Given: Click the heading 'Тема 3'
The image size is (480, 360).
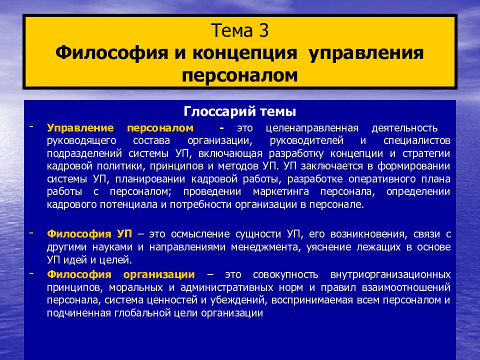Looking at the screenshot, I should pyautogui.click(x=240, y=32).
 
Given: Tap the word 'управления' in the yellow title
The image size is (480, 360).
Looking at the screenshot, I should pyautogui.click(x=365, y=53).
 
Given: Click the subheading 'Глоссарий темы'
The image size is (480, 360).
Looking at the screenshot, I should pyautogui.click(x=240, y=110).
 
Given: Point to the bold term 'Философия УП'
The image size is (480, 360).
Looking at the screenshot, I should pyautogui.click(x=89, y=233).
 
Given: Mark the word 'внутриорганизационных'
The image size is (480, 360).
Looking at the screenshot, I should pyautogui.click(x=390, y=274).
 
